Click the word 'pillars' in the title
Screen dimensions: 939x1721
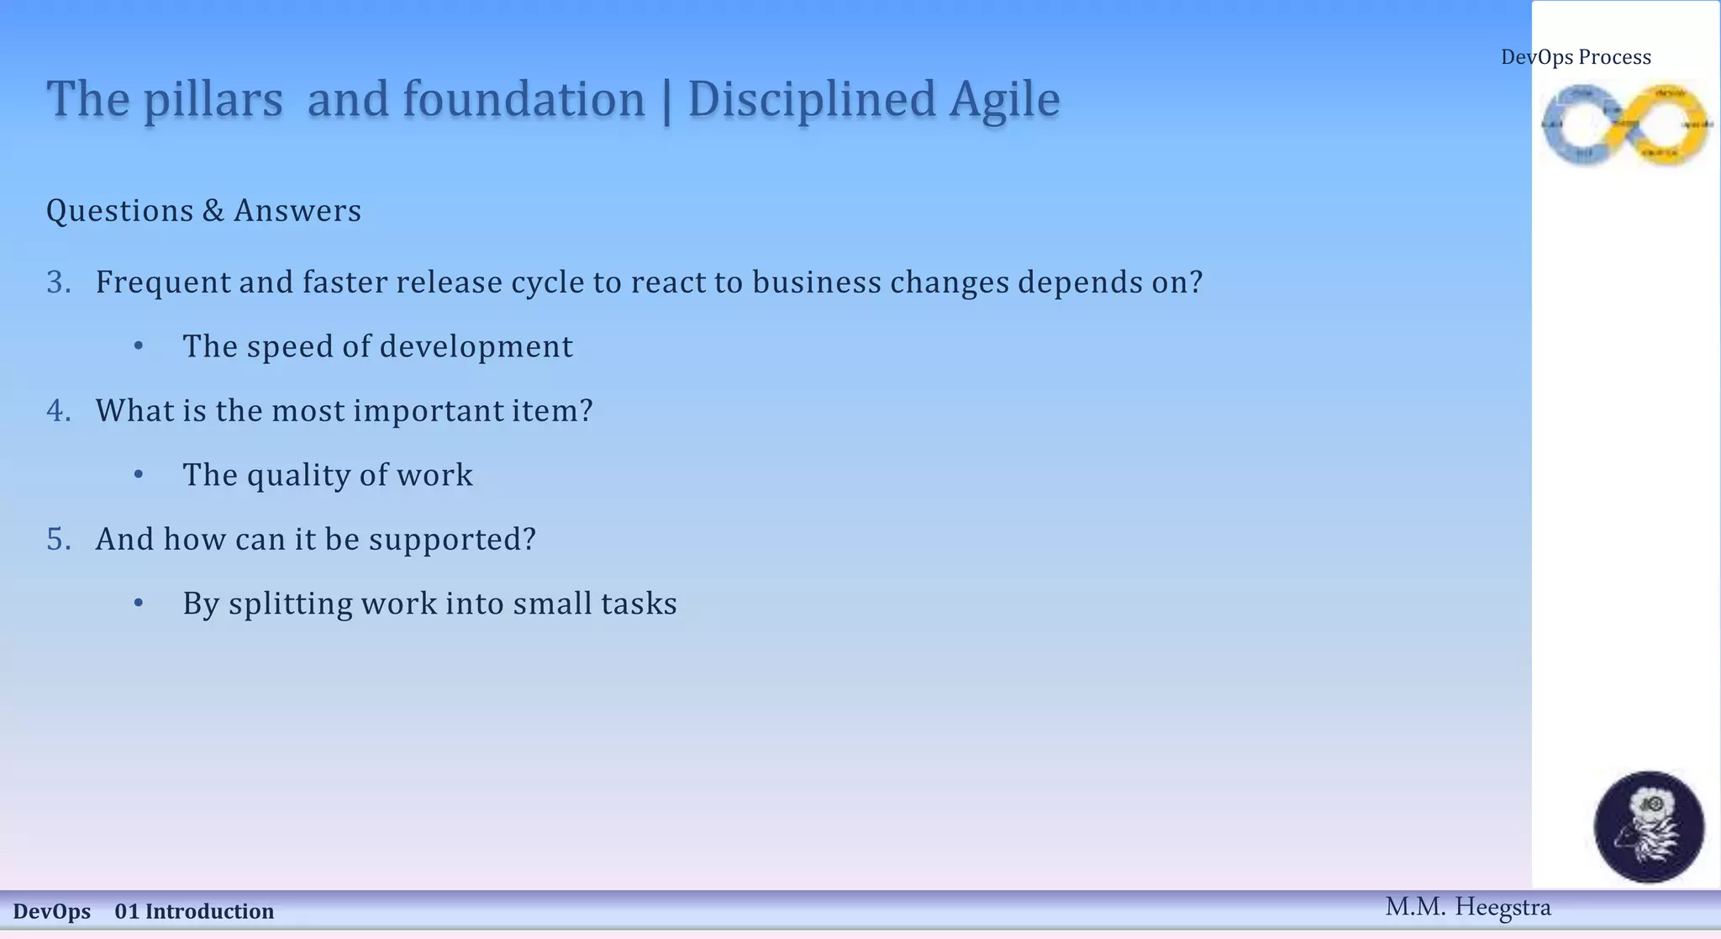pos(213,100)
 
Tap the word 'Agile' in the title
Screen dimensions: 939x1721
pos(1005,100)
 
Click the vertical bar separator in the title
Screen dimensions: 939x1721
pos(666,100)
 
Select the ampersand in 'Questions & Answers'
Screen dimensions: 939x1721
pos(213,211)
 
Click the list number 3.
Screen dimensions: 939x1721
pos(58,282)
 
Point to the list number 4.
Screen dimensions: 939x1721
pos(58,411)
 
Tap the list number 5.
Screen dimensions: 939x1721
pos(58,540)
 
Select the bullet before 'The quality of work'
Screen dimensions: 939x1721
pos(139,476)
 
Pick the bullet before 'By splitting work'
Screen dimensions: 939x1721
pos(139,604)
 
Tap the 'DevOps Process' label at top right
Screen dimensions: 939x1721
pos(1576,57)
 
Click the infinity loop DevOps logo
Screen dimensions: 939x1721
pos(1626,124)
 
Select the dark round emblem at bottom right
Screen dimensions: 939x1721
pos(1649,827)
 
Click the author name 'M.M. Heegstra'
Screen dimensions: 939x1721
pos(1467,908)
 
